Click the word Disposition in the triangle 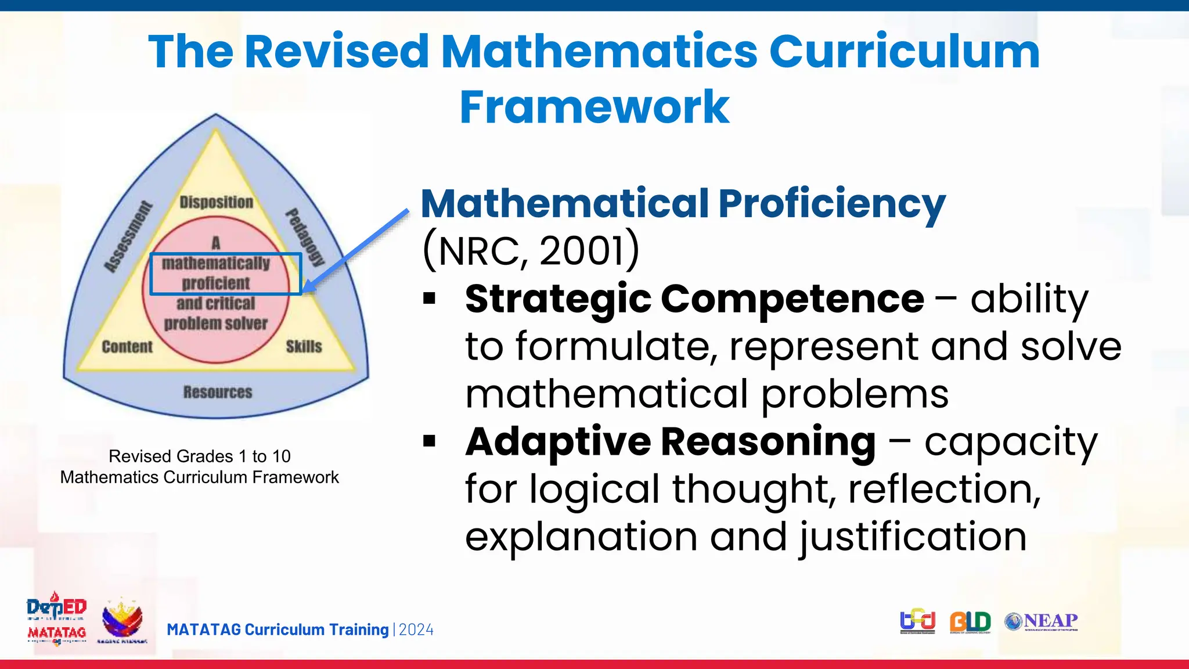pyautogui.click(x=216, y=202)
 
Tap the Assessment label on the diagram pyautogui.click(x=128, y=237)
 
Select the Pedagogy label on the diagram pyautogui.click(x=304, y=237)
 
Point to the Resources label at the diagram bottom pyautogui.click(x=218, y=392)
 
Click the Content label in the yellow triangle pyautogui.click(x=127, y=347)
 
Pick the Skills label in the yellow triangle pyautogui.click(x=304, y=347)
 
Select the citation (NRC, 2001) pyautogui.click(x=531, y=251)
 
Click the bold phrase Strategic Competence pyautogui.click(x=694, y=299)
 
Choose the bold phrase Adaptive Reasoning pyautogui.click(x=671, y=442)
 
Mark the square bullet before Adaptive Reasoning pyautogui.click(x=430, y=442)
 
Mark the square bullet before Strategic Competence pyautogui.click(x=430, y=299)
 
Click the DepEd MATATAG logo pyautogui.click(x=56, y=619)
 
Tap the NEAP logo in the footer pyautogui.click(x=1042, y=621)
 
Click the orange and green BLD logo pyautogui.click(x=970, y=622)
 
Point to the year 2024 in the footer pyautogui.click(x=416, y=630)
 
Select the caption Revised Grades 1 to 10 pyautogui.click(x=199, y=456)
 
